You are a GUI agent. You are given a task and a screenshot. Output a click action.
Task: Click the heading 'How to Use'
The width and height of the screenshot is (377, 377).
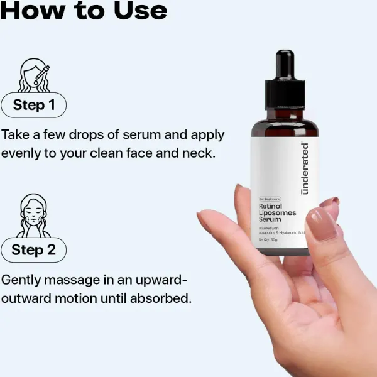click(x=85, y=10)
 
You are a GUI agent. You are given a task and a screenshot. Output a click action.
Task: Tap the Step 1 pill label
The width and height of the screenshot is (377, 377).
click(x=34, y=105)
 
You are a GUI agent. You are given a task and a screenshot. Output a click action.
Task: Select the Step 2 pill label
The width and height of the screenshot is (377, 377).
click(x=34, y=249)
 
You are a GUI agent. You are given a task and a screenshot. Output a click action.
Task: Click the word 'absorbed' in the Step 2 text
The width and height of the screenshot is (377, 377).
click(x=160, y=298)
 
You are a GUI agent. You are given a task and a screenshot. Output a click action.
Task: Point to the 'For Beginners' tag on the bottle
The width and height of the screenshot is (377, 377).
click(x=271, y=199)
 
